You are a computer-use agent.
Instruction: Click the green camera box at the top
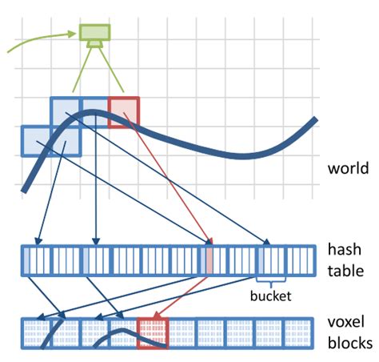pos(94,33)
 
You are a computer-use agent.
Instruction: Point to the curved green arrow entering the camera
pos(40,40)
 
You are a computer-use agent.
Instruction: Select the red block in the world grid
pos(123,112)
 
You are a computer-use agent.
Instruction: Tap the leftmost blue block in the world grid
pos(35,141)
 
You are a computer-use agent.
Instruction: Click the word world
pos(348,169)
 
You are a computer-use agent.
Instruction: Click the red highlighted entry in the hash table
pos(209,261)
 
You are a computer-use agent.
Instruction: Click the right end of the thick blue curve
pos(313,122)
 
